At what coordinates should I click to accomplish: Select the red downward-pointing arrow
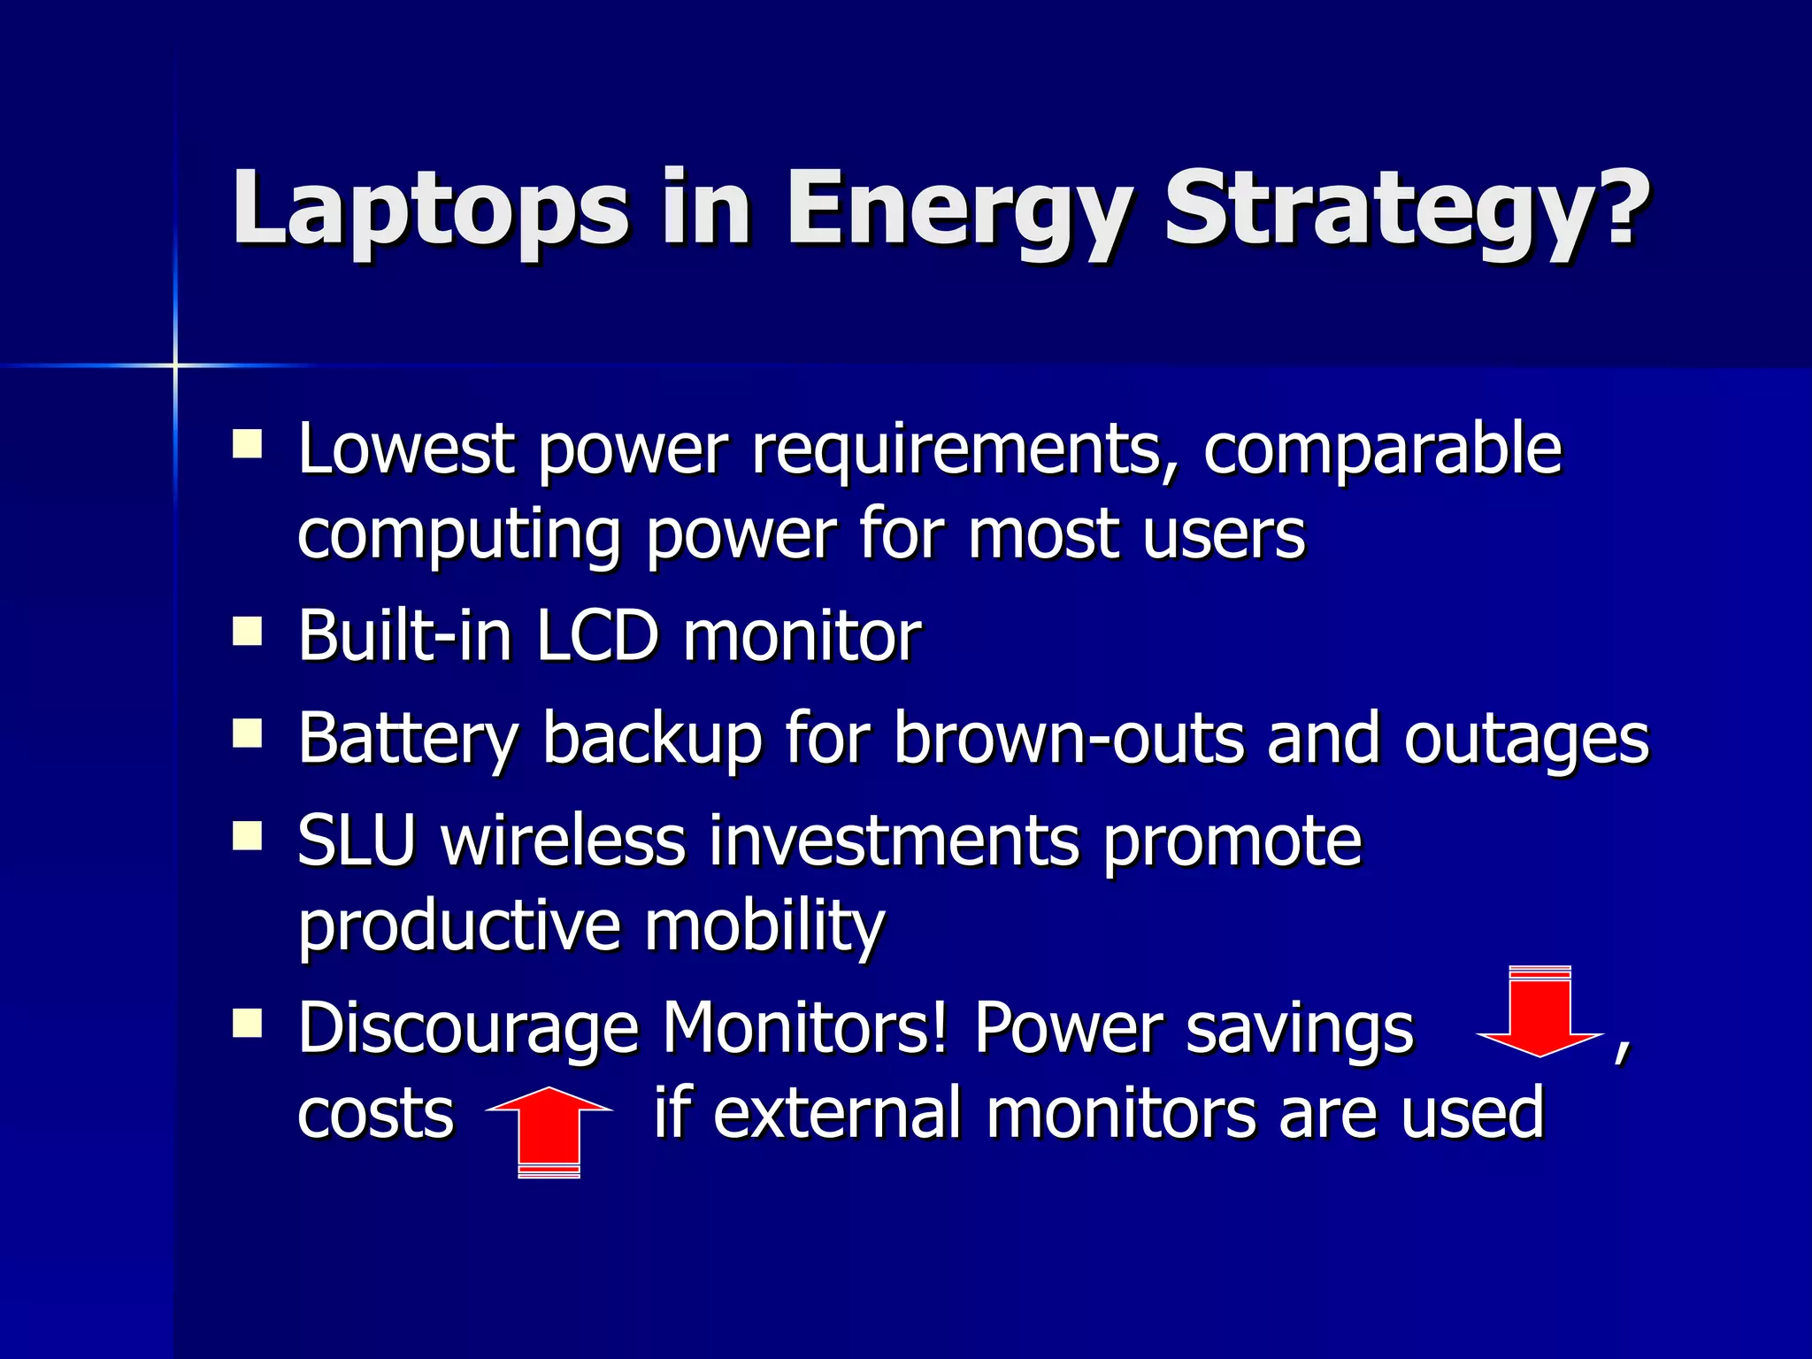pos(1540,1013)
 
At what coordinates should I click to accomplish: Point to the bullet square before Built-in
pos(247,632)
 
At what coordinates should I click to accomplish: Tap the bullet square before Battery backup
pos(247,733)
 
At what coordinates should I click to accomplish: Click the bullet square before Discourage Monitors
pos(247,1023)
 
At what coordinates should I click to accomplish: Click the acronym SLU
pos(356,840)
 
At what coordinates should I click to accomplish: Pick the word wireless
pos(564,840)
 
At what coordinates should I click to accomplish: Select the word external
pos(836,1113)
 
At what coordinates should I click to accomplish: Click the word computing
pos(458,536)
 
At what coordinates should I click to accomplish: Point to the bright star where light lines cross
pos(174,365)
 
